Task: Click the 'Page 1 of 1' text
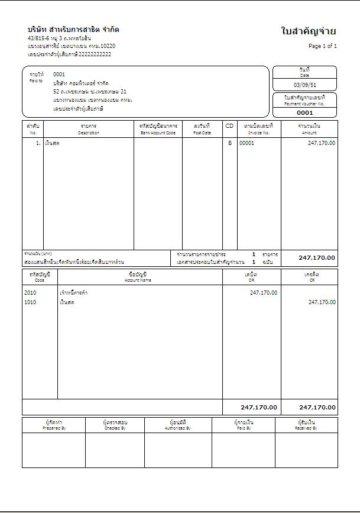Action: pos(323,46)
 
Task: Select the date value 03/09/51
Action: pos(304,85)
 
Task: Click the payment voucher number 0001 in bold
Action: pos(304,112)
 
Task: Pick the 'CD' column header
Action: pos(229,126)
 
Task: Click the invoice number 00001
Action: pos(247,143)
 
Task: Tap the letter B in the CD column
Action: pos(230,143)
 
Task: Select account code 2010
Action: pos(30,292)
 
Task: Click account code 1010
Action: pos(30,302)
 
